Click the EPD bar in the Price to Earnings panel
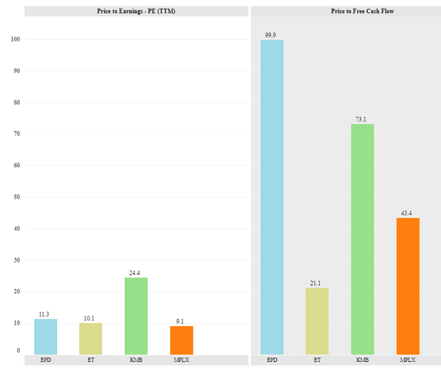[x=45, y=336]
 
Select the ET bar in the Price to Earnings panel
[x=91, y=338]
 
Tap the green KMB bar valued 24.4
[x=136, y=316]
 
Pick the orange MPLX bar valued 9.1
[x=181, y=340]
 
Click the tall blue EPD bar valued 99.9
[x=271, y=197]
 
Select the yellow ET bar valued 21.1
[x=317, y=320]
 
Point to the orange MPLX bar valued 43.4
[x=408, y=285]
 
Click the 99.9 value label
[x=271, y=34]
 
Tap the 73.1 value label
[x=362, y=119]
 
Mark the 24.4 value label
[x=136, y=272]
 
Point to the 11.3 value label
[x=45, y=314]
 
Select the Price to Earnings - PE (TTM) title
[x=136, y=12]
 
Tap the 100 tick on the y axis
[x=14, y=40]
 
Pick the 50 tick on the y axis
[x=16, y=197]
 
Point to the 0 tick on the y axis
[x=18, y=351]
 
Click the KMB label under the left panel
[x=136, y=360]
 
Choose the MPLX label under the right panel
[x=408, y=360]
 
